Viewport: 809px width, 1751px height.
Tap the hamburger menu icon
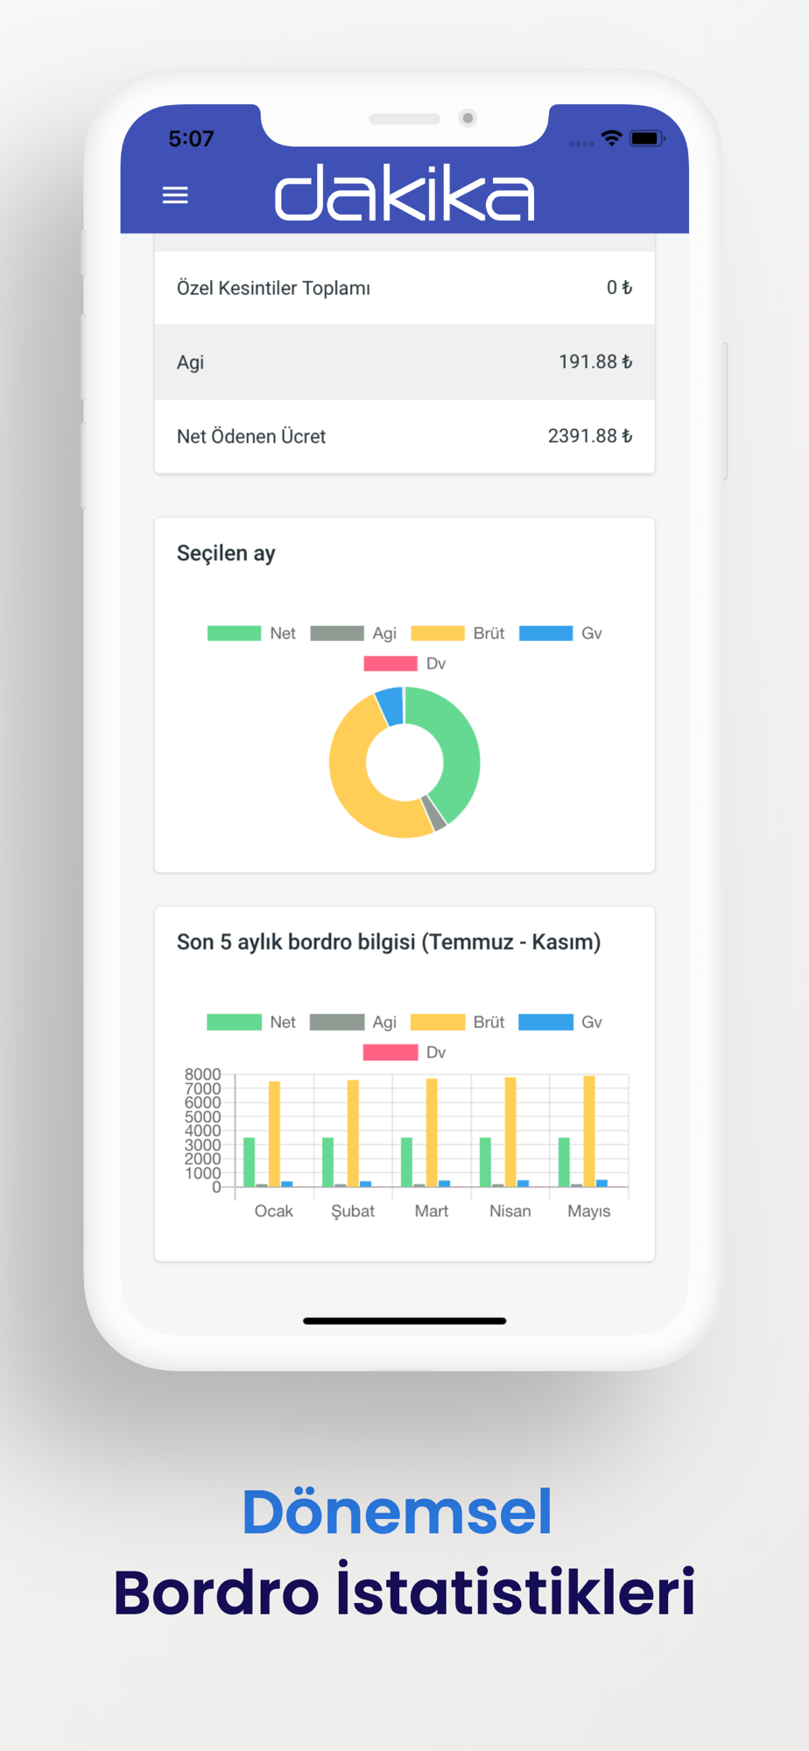[175, 194]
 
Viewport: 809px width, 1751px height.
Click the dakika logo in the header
[404, 193]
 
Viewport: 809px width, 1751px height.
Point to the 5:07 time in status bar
[191, 138]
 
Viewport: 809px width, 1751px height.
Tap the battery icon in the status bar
[646, 138]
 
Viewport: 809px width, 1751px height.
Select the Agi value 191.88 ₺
[594, 362]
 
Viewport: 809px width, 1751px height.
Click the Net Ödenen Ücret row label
[251, 436]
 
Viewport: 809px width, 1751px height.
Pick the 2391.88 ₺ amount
[589, 436]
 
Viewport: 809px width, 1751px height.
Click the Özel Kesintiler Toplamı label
[273, 288]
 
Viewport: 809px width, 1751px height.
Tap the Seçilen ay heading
[226, 553]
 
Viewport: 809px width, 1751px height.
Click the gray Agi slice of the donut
[434, 813]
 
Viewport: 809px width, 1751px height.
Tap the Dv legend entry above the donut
[404, 664]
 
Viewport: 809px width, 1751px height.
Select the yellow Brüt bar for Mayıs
[589, 1129]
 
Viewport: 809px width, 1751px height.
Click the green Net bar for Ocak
[250, 1162]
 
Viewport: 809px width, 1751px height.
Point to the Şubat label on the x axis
[353, 1211]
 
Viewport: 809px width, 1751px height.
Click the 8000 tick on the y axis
[202, 1074]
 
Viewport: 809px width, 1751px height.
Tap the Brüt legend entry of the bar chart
[458, 1022]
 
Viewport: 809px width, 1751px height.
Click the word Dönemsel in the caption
[397, 1512]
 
